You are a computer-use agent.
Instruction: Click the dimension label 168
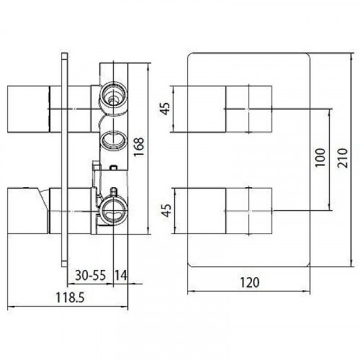pyautogui.click(x=139, y=148)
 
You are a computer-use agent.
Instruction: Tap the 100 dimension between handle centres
pyautogui.click(x=320, y=158)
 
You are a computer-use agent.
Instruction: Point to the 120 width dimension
pyautogui.click(x=249, y=282)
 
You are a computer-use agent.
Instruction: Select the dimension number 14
pyautogui.click(x=120, y=274)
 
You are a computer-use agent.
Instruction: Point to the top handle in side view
pyautogui.click(x=29, y=108)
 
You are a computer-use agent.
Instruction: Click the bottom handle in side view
pyautogui.click(x=29, y=210)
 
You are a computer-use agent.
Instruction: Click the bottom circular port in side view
pyautogui.click(x=113, y=210)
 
